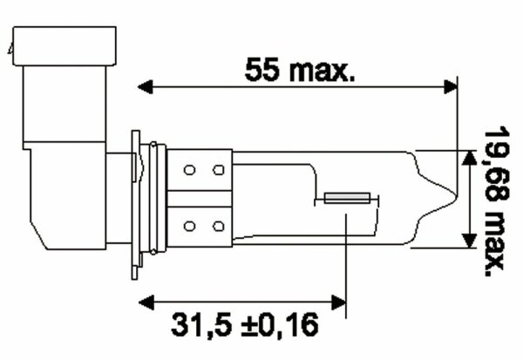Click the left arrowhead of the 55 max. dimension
[146, 85]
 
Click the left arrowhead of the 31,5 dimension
[146, 303]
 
